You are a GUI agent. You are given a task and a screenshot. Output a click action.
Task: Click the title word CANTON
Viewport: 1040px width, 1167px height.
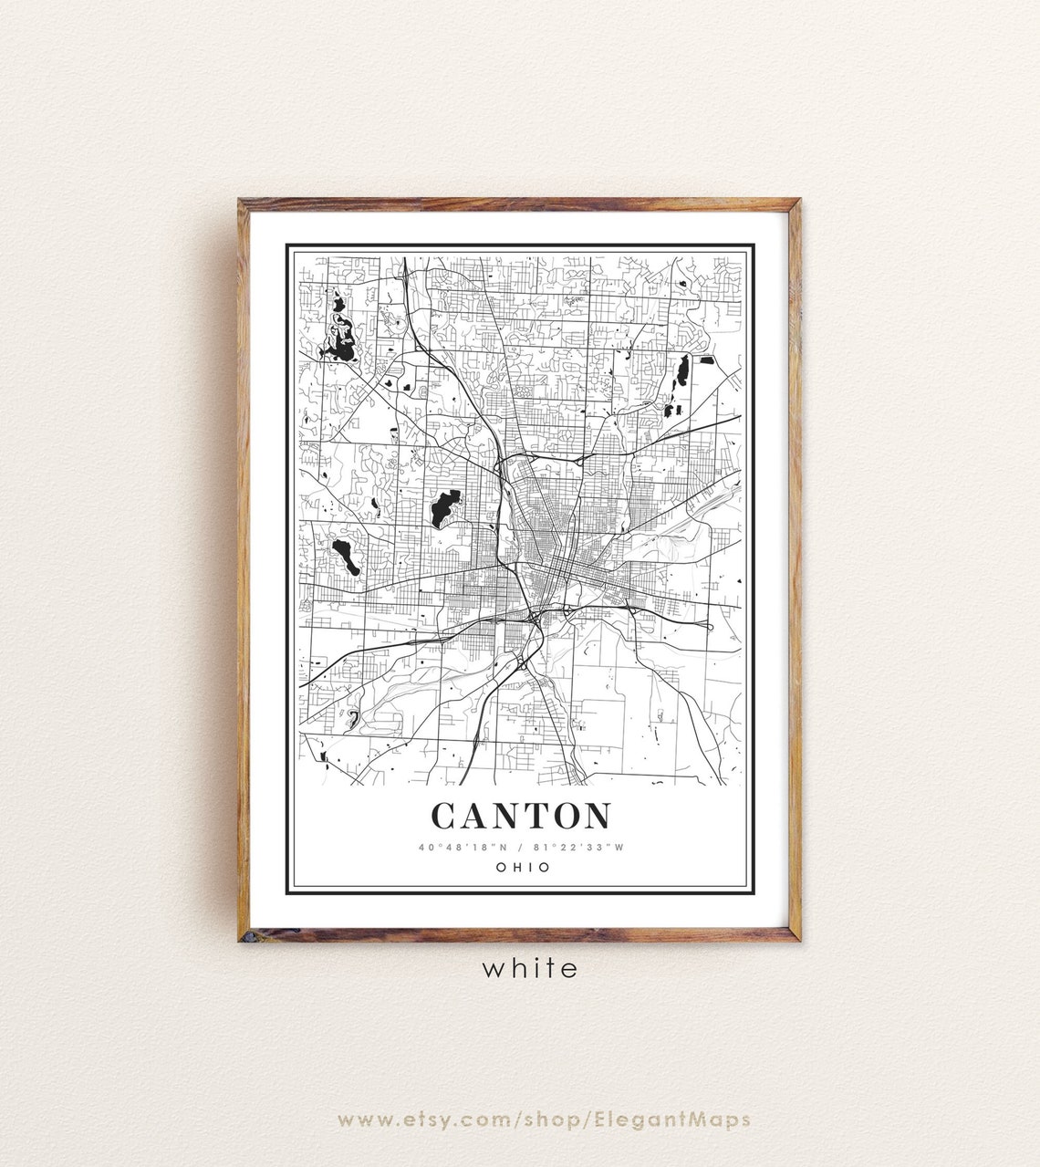[521, 816]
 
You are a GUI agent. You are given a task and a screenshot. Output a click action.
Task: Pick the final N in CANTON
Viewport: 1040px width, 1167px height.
[596, 816]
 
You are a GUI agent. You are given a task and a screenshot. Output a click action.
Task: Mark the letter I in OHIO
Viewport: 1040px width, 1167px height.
[531, 868]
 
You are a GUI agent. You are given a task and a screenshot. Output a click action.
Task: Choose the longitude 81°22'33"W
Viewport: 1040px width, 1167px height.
[578, 847]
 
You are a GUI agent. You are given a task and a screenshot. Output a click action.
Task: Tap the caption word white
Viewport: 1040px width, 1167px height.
[530, 968]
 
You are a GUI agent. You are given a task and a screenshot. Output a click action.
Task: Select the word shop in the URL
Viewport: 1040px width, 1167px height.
[557, 1120]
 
